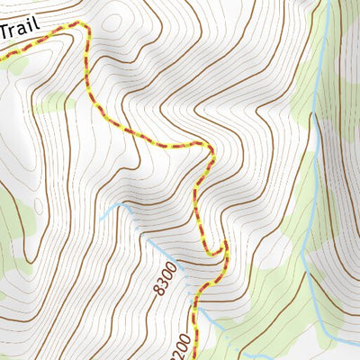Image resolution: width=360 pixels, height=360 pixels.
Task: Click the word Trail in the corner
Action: (x=19, y=29)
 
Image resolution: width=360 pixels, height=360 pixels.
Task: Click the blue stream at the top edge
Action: (x=328, y=3)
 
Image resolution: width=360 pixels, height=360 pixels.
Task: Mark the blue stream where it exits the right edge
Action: (x=357, y=343)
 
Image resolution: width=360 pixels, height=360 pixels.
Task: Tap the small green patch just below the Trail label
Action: (x=16, y=64)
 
